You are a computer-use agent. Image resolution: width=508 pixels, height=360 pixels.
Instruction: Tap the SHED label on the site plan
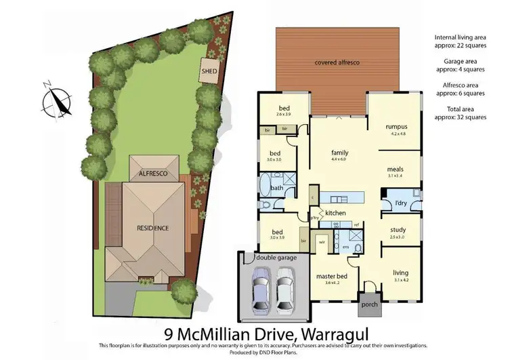pyautogui.click(x=208, y=71)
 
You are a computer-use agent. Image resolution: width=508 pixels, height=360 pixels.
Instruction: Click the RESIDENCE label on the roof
pyautogui.click(x=152, y=228)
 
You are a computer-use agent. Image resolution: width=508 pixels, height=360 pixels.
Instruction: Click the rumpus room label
pyautogui.click(x=396, y=126)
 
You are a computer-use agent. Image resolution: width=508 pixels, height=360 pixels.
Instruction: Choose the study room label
pyautogui.click(x=398, y=230)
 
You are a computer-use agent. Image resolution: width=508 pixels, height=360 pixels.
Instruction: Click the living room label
pyautogui.click(x=400, y=273)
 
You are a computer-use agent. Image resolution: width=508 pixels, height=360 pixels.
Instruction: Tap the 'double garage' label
pyautogui.click(x=273, y=258)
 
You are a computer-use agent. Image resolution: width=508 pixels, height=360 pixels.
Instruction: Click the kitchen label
pyautogui.click(x=335, y=213)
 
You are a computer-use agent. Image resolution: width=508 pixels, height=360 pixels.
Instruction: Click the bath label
pyautogui.click(x=276, y=188)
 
